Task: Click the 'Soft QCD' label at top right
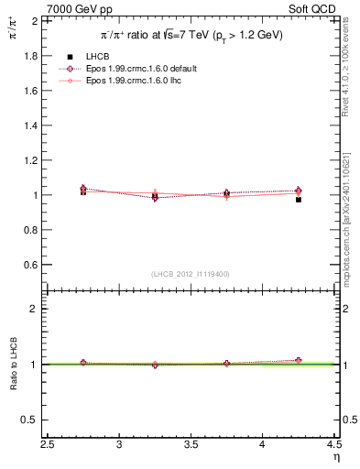(x=312, y=8)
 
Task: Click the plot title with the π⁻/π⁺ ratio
(x=191, y=35)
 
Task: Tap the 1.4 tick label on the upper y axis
(x=30, y=125)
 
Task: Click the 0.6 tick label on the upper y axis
(x=30, y=265)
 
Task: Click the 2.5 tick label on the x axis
(x=49, y=444)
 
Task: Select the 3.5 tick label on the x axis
(x=191, y=444)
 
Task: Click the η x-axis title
(x=335, y=456)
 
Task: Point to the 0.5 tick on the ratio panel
(x=30, y=420)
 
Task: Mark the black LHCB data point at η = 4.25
(x=299, y=200)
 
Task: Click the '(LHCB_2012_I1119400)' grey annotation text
(x=191, y=274)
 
